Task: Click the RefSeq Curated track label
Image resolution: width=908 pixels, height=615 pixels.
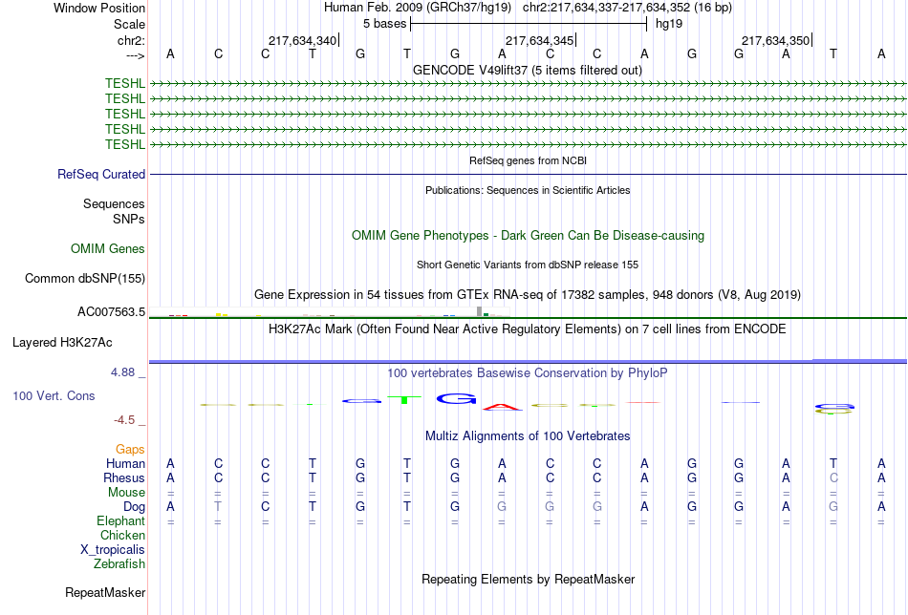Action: point(101,175)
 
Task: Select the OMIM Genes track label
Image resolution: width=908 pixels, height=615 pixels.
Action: point(108,249)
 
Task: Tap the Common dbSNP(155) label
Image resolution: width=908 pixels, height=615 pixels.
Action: point(84,279)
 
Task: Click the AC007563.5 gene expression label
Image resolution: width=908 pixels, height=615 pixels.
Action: point(111,311)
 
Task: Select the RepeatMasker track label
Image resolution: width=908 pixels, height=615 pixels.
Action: point(105,593)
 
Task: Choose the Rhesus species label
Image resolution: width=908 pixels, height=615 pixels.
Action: point(125,478)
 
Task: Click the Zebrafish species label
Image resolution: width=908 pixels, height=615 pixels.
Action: point(120,564)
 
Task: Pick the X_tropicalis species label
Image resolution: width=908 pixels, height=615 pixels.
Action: point(113,550)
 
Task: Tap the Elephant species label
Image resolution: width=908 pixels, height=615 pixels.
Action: point(120,521)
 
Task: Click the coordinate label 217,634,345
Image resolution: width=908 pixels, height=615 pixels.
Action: point(540,41)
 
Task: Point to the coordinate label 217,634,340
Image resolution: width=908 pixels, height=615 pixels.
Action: point(303,41)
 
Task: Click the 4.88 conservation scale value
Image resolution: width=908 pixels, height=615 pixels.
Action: point(129,372)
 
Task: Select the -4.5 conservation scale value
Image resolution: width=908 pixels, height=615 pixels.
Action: point(129,420)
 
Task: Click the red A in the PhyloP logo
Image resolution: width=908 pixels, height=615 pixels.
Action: point(503,406)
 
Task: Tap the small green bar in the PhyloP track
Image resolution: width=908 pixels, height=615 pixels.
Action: point(404,399)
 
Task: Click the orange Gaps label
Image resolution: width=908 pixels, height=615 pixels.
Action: point(130,449)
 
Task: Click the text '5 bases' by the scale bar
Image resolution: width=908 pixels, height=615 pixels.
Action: point(384,23)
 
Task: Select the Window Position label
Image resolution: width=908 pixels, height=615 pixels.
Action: point(99,8)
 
